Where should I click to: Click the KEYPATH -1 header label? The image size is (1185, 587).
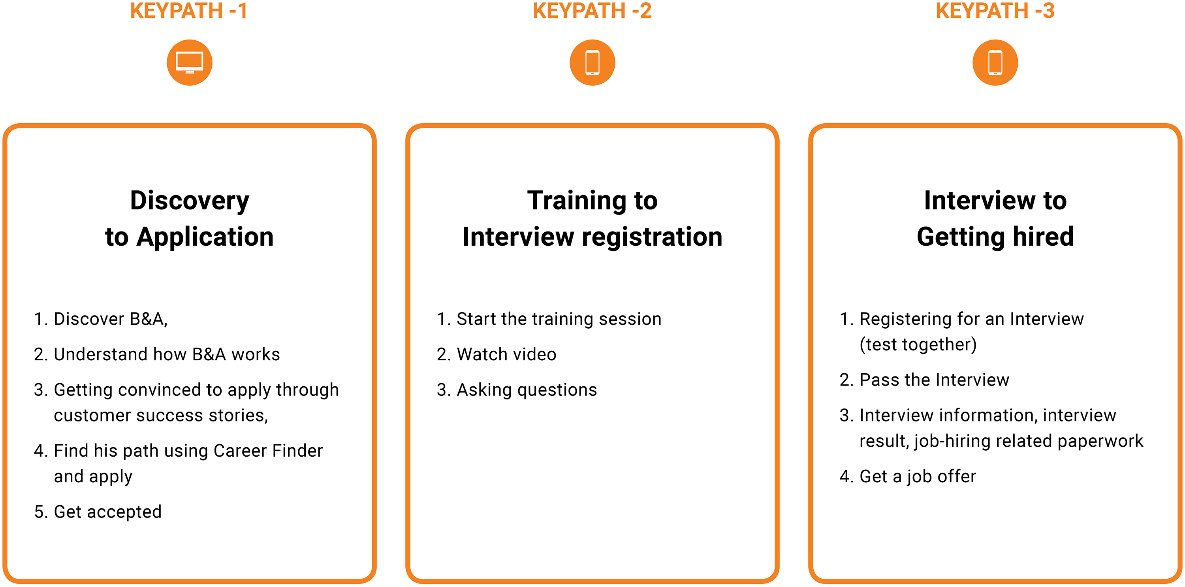click(x=189, y=11)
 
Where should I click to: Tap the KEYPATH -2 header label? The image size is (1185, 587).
click(x=592, y=11)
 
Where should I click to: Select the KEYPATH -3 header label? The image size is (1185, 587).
click(x=995, y=11)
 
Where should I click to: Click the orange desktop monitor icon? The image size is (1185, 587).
click(x=190, y=62)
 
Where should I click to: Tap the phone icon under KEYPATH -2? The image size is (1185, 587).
click(x=592, y=62)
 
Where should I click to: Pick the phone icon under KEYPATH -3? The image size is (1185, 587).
click(x=995, y=62)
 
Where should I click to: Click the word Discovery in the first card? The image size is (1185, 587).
click(x=190, y=201)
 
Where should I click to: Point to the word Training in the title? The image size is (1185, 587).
click(x=577, y=201)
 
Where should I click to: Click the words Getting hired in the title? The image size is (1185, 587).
click(x=995, y=237)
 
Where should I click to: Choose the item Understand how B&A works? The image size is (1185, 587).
click(x=156, y=354)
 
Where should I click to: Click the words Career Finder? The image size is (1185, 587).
click(x=268, y=451)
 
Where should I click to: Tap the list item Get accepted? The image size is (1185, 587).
click(x=98, y=512)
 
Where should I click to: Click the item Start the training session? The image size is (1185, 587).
click(x=549, y=319)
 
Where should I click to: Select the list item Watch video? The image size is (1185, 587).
click(x=497, y=354)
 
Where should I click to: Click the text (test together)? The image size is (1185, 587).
click(x=918, y=344)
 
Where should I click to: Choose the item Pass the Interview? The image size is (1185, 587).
click(x=924, y=380)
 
